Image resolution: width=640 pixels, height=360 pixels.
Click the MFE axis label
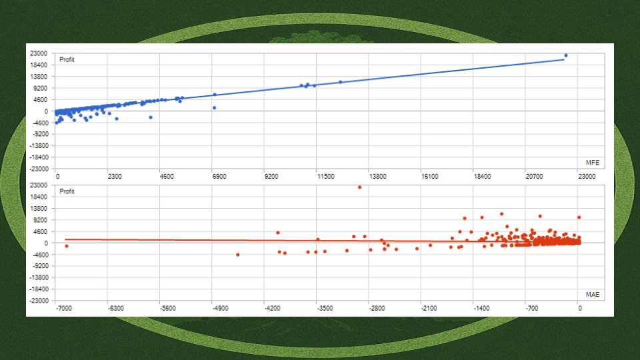(x=593, y=163)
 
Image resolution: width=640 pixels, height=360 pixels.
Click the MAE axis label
(x=593, y=294)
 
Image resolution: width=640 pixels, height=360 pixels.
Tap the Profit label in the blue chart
(x=67, y=59)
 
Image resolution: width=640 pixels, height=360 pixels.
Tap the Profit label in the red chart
(x=67, y=191)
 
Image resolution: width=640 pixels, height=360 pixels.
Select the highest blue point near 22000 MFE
(x=566, y=55)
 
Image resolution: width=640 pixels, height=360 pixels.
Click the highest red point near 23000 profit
(x=359, y=187)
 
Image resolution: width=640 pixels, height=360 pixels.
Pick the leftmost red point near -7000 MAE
(x=67, y=246)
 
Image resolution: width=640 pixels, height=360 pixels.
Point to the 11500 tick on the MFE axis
(x=326, y=176)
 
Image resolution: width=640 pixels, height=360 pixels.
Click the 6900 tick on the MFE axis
(x=219, y=176)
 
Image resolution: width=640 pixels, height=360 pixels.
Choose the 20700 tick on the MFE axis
(x=534, y=176)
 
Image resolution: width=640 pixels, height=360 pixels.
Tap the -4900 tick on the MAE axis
(x=220, y=308)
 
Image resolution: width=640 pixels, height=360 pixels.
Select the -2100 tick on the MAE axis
(x=429, y=308)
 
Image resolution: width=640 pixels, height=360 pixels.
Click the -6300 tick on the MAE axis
(x=115, y=308)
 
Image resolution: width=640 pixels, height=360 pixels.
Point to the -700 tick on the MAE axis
(x=531, y=308)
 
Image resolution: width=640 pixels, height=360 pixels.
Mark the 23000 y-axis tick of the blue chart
(x=39, y=53)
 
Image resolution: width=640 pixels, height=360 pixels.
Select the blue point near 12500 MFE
(x=341, y=82)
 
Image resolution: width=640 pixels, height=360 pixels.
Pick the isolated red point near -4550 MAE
(x=238, y=255)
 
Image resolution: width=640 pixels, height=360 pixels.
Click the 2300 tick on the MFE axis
(x=115, y=176)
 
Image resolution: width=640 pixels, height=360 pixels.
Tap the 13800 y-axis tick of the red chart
(x=39, y=209)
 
